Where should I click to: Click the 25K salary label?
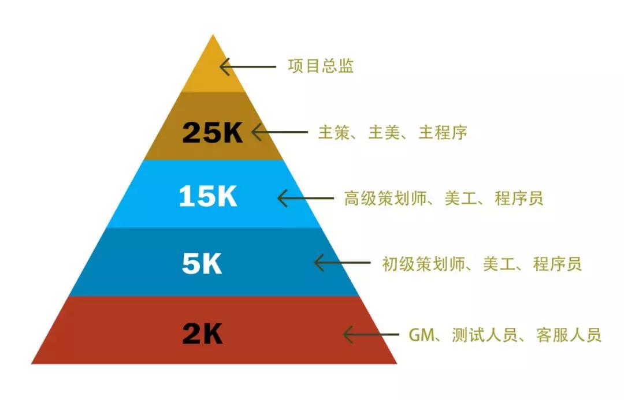click(x=212, y=132)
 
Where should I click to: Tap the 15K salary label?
click(x=208, y=196)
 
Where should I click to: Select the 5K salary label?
click(x=202, y=263)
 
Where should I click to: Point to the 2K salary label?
click(x=202, y=333)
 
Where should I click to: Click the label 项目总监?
click(x=321, y=66)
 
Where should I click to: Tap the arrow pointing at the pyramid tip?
click(x=247, y=66)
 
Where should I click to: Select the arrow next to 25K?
click(x=280, y=132)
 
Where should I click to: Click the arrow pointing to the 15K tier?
click(x=305, y=198)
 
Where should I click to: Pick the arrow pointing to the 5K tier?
click(x=342, y=263)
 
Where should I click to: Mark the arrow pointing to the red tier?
click(x=371, y=334)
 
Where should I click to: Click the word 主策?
click(x=334, y=132)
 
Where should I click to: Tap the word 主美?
click(x=384, y=132)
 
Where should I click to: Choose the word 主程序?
click(x=443, y=132)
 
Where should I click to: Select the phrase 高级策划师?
click(x=385, y=198)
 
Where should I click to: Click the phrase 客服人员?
click(x=569, y=335)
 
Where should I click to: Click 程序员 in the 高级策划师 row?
click(x=519, y=198)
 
